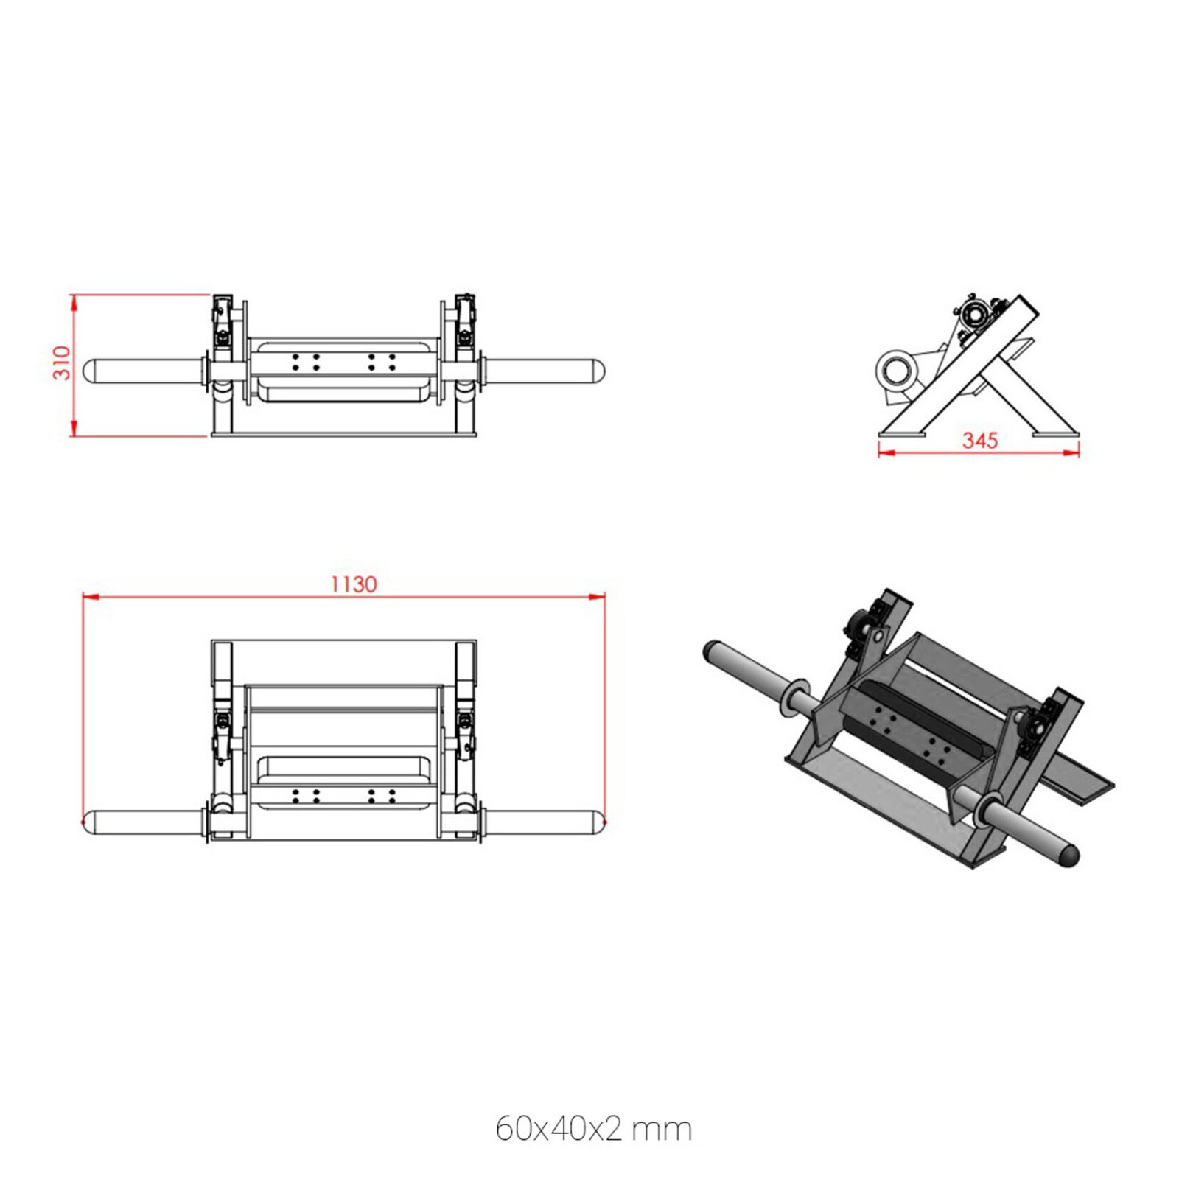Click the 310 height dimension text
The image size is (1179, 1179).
point(62,363)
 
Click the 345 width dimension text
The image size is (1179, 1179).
point(980,440)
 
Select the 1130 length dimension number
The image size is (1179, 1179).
point(353,584)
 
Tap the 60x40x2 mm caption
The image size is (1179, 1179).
point(593,1128)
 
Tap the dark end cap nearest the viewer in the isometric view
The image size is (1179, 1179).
point(1068,855)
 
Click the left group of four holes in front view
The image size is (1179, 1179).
point(306,362)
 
